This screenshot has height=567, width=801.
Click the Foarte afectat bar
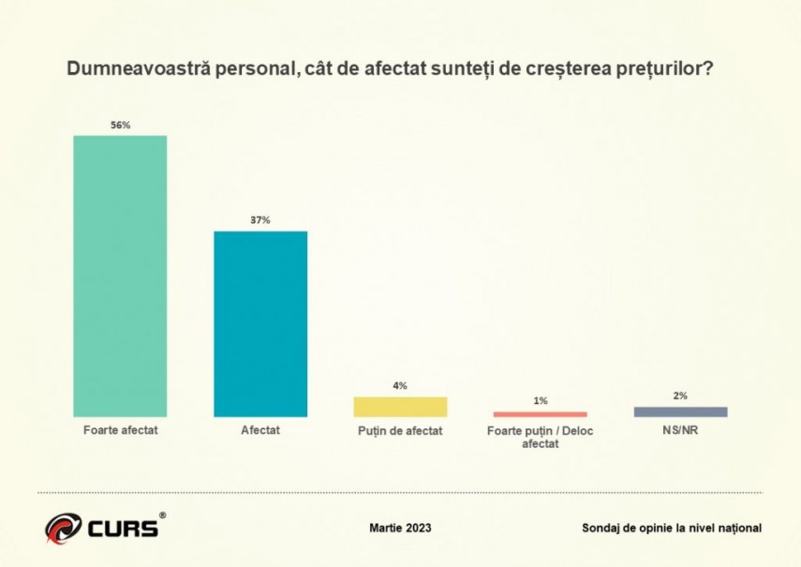tap(120, 276)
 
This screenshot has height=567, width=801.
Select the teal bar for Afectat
tap(260, 323)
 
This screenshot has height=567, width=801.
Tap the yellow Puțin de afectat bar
tap(400, 407)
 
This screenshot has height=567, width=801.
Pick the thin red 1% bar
tap(540, 414)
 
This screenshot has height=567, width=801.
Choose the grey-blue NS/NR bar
tap(680, 411)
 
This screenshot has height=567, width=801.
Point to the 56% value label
tap(120, 124)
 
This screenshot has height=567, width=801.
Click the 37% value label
tap(260, 220)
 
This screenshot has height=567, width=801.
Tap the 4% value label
tap(400, 385)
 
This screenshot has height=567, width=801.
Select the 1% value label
tap(541, 401)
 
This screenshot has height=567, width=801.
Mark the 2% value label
tap(680, 395)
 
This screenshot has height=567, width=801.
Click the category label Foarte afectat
tap(120, 431)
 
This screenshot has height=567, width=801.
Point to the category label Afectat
tap(260, 431)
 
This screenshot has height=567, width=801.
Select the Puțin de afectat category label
tap(400, 431)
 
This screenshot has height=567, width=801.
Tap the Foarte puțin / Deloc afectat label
tap(541, 437)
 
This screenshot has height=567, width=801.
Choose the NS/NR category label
tap(680, 431)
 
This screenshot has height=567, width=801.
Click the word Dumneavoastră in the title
tap(126, 71)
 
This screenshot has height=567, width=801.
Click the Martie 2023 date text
tap(400, 528)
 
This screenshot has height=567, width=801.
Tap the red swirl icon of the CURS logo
tap(63, 528)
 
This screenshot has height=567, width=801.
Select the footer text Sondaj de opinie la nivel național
tap(672, 528)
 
